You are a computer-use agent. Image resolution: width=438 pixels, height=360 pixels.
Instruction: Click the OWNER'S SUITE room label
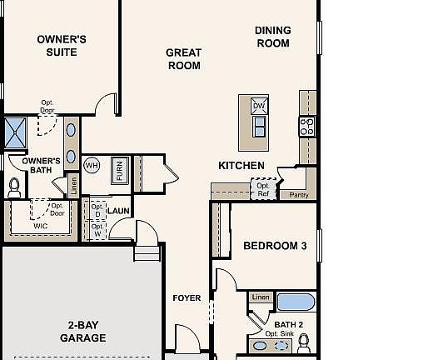click(62, 45)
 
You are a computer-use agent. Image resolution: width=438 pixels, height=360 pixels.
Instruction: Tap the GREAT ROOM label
click(183, 58)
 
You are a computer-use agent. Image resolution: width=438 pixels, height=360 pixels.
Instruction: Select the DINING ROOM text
click(272, 37)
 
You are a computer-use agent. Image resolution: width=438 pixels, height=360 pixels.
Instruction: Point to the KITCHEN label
click(241, 166)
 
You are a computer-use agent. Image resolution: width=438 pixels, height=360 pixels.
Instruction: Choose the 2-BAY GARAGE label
click(82, 332)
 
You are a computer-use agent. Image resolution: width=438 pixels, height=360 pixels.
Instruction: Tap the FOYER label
click(187, 298)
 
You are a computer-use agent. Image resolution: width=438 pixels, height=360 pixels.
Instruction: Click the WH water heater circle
click(92, 164)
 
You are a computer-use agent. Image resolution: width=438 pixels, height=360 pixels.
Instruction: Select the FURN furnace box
click(120, 170)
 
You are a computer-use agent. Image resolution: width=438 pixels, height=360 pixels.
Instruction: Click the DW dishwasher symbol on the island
click(259, 106)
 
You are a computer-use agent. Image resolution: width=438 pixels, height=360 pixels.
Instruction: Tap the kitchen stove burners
click(306, 127)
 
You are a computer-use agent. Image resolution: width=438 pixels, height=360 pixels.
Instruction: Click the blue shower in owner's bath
click(16, 132)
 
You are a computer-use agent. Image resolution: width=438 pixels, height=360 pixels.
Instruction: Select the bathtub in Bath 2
click(296, 302)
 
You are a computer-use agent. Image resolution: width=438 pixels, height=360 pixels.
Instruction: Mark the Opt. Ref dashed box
click(263, 189)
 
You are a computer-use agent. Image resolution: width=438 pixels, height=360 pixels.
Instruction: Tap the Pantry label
click(298, 195)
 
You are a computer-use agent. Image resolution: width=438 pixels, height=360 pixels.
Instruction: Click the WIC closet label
click(41, 225)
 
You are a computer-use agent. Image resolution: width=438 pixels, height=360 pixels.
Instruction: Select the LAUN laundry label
click(118, 211)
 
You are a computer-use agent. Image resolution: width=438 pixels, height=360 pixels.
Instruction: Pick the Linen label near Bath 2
click(261, 297)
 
